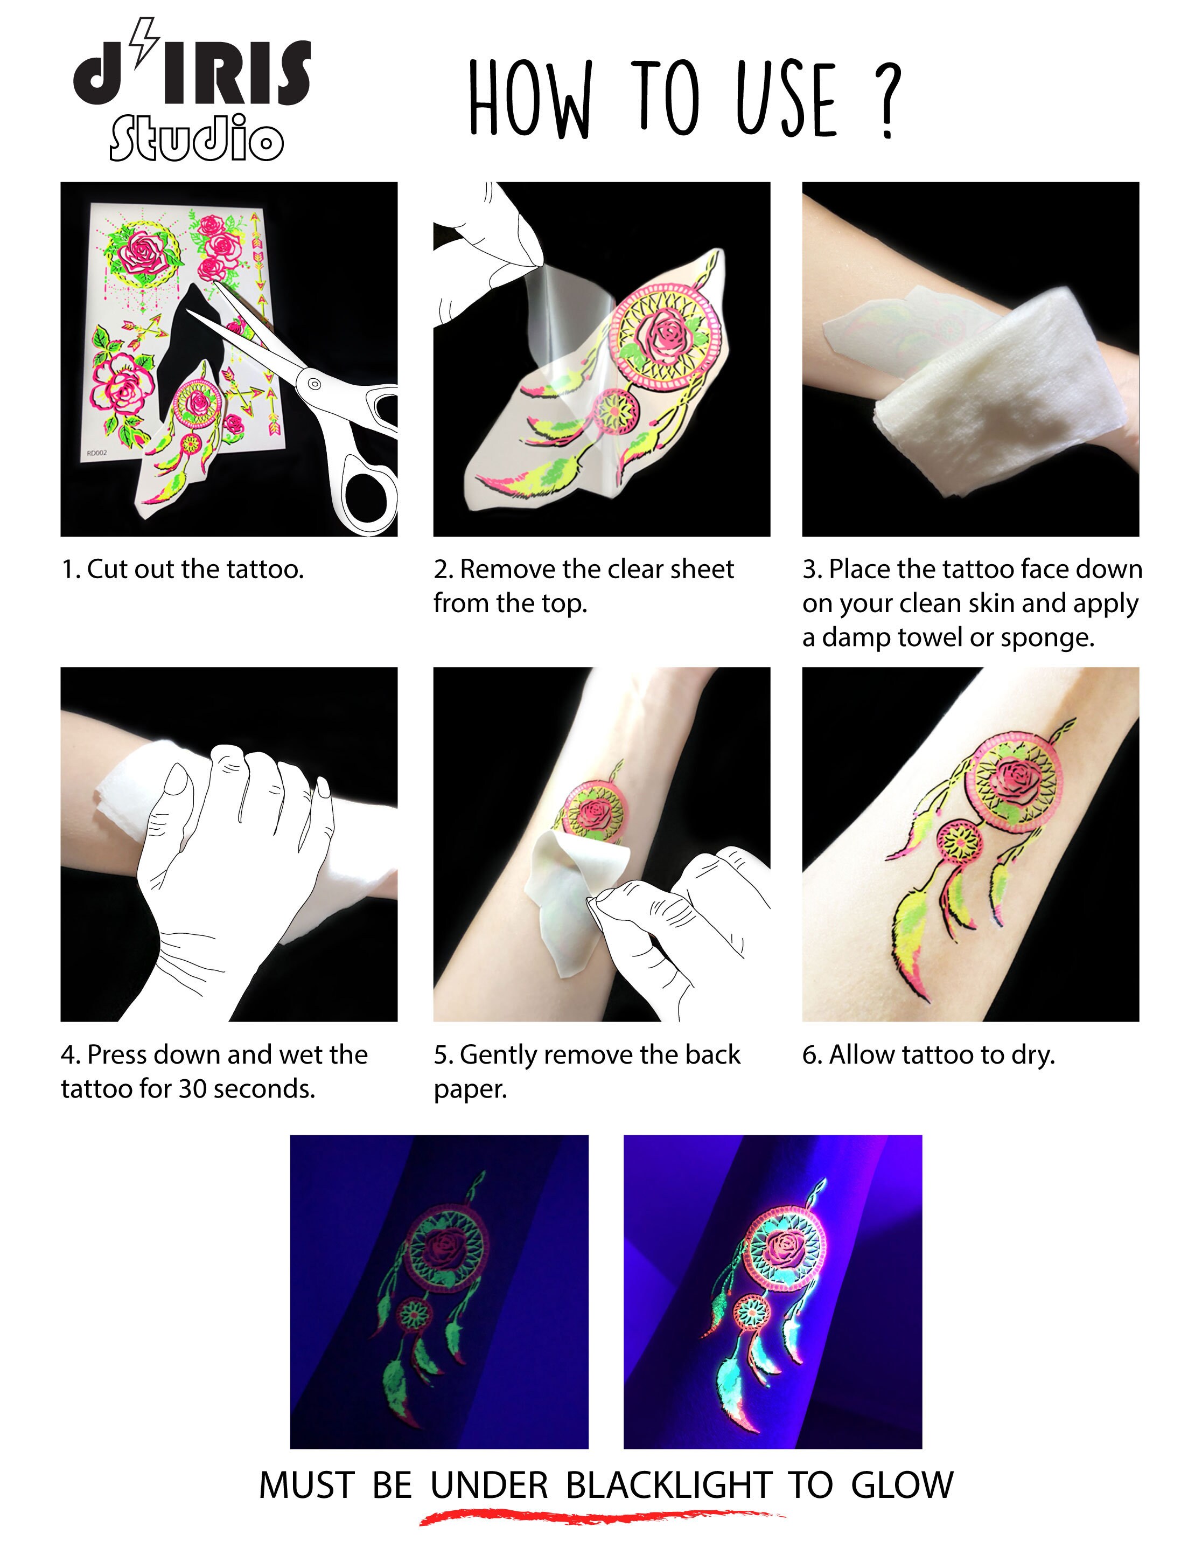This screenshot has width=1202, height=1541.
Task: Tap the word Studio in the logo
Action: (x=196, y=139)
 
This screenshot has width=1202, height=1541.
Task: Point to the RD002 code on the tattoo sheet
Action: (x=96, y=453)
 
